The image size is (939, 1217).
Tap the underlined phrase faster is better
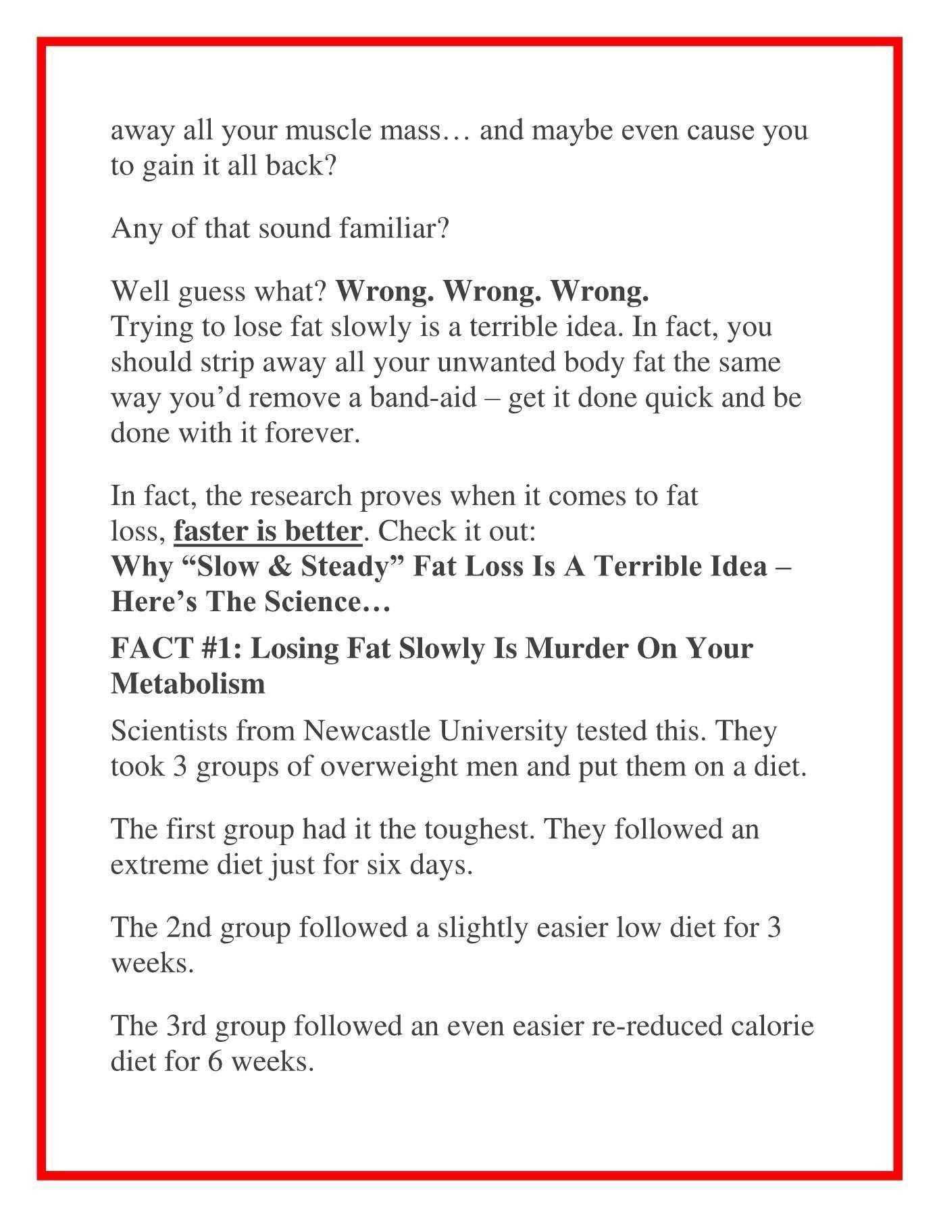tap(268, 531)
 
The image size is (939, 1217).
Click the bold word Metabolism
tap(188, 684)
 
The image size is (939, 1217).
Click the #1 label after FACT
tap(222, 648)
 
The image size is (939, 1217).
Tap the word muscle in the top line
tap(328, 130)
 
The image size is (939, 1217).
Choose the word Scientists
tap(169, 731)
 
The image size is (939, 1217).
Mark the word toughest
tap(478, 829)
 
